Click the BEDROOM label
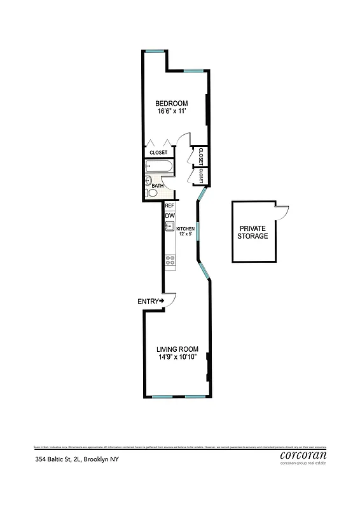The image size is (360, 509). point(172,103)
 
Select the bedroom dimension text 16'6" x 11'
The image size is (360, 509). point(172,111)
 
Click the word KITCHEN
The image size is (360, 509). point(185,228)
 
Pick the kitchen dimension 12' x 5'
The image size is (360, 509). point(185,234)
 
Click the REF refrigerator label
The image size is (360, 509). point(170,206)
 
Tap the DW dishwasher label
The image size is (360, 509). point(170,216)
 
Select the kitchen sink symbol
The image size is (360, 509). point(170,227)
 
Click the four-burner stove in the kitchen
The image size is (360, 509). point(170,260)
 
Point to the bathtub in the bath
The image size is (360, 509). point(157,167)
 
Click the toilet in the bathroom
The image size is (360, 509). point(152,192)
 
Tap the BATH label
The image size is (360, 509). point(157,186)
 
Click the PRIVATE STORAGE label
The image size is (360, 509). point(253,232)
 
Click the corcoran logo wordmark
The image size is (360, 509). point(303,455)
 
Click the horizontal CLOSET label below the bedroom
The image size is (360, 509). point(158,153)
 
